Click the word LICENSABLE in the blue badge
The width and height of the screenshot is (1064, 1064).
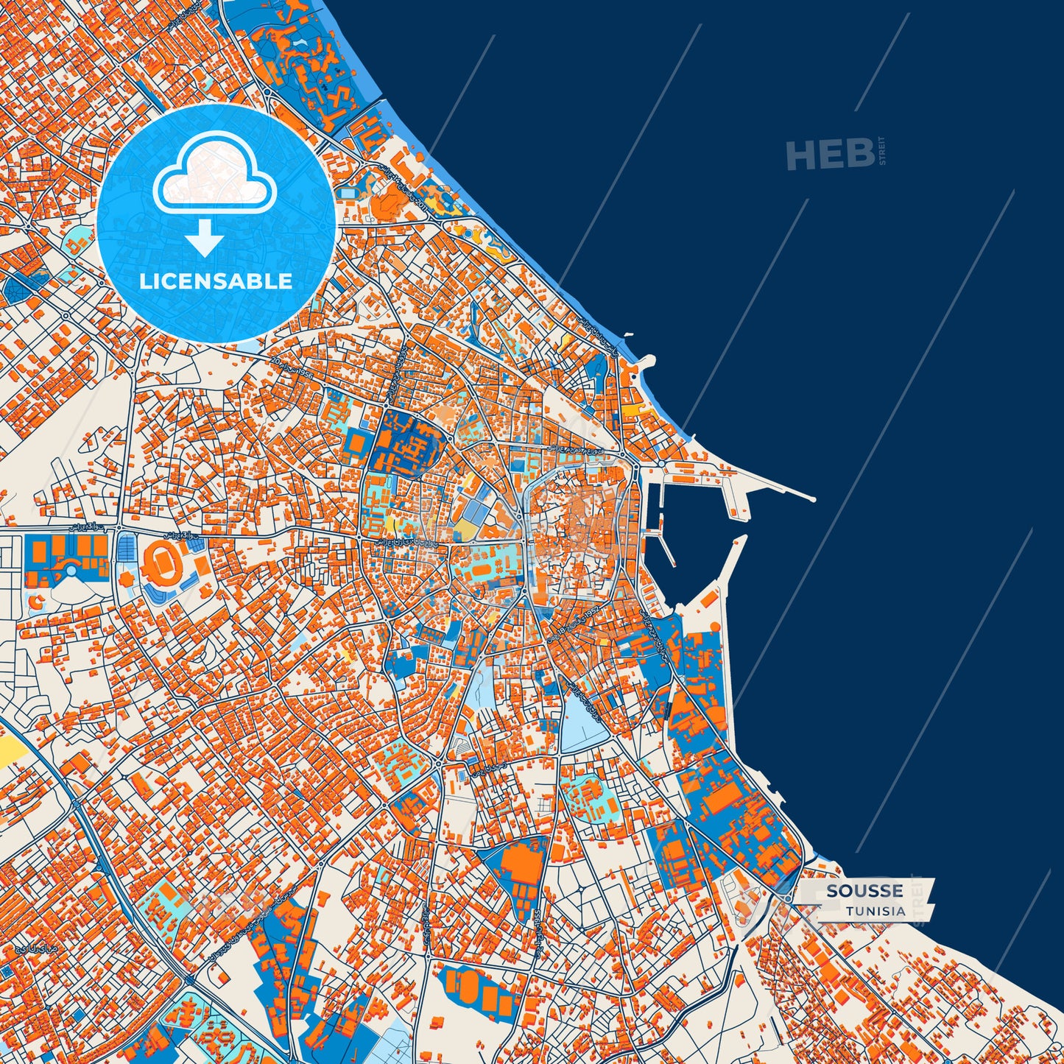(216, 281)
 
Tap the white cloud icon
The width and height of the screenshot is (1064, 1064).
(214, 175)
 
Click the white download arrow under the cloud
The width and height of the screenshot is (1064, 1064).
(205, 239)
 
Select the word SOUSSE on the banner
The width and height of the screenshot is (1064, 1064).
(864, 891)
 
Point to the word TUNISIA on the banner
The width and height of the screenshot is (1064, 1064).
(875, 911)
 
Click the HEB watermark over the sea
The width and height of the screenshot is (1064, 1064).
(831, 154)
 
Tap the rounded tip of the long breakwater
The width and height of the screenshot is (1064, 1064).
(812, 499)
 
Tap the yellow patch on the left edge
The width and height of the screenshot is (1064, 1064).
(10, 751)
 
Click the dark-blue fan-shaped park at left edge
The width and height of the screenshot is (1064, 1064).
(16, 289)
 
